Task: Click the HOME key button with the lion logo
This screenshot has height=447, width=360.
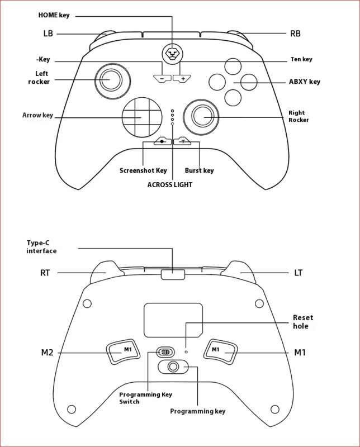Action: (x=172, y=54)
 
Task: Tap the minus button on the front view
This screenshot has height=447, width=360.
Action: (x=162, y=79)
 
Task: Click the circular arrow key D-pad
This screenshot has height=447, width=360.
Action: (x=140, y=117)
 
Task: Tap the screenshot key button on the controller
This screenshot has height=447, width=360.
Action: (x=163, y=142)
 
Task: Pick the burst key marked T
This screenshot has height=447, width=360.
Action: (x=182, y=142)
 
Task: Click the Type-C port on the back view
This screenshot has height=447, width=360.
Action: (x=173, y=274)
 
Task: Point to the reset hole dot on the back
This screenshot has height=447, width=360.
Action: (x=187, y=352)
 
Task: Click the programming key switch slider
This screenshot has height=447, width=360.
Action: (x=164, y=352)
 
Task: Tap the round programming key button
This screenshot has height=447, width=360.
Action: (x=173, y=367)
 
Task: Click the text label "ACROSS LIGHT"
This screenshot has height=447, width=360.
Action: (x=170, y=184)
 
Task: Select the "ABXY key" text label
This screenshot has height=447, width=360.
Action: (x=305, y=82)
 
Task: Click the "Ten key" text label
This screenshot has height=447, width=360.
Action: (x=301, y=59)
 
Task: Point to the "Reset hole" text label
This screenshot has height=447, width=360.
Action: (x=303, y=322)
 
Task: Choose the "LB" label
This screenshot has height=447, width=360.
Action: (x=48, y=34)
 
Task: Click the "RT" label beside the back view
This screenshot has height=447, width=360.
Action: (x=45, y=273)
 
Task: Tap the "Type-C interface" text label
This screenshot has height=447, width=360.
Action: (x=41, y=247)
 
